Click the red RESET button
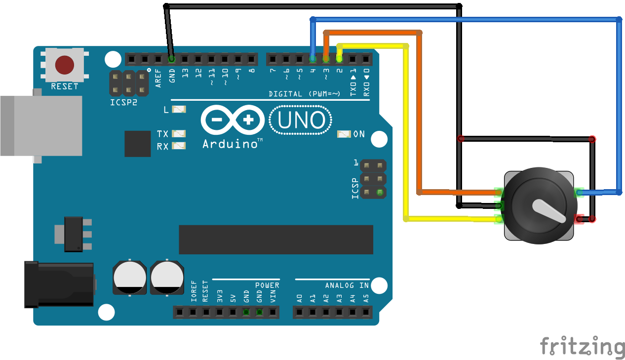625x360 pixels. (x=65, y=65)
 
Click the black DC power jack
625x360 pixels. (x=59, y=284)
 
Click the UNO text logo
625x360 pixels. (x=301, y=120)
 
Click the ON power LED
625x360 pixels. (x=344, y=134)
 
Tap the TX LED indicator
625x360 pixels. (x=179, y=134)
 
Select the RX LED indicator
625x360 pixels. (x=179, y=146)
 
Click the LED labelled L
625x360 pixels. (x=178, y=110)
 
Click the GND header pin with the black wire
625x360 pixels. (x=171, y=59)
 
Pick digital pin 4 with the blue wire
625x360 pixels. (x=312, y=59)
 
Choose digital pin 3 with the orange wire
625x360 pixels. (x=326, y=59)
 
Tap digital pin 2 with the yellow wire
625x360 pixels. (x=339, y=59)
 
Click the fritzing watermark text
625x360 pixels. (x=582, y=346)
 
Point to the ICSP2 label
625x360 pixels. (x=123, y=104)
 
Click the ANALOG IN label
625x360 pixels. (x=347, y=285)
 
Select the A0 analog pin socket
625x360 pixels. (x=299, y=312)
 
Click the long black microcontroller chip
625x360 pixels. (x=276, y=240)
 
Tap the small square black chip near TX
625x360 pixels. (x=137, y=144)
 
